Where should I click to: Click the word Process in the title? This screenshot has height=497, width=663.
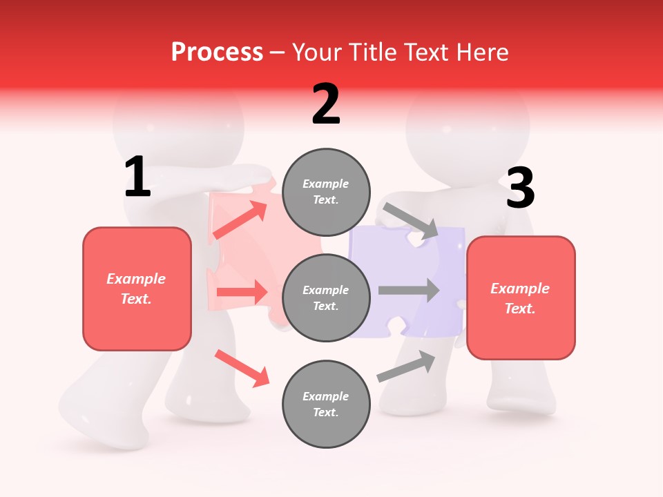[217, 52]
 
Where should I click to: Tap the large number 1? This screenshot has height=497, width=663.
[137, 177]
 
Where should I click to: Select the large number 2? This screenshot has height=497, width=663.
[326, 104]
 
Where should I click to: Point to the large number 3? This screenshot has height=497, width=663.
[520, 188]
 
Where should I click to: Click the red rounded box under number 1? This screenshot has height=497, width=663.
[137, 289]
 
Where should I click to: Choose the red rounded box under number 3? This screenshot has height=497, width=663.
[521, 298]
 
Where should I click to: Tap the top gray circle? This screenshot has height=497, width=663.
[326, 192]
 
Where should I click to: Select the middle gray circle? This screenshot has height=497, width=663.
[326, 298]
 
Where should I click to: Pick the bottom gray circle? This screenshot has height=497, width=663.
[326, 404]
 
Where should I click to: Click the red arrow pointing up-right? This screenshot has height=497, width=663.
[240, 220]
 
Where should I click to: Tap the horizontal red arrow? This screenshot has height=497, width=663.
[242, 292]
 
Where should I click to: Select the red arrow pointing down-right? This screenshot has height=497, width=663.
[242, 368]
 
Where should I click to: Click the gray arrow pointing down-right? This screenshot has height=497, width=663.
[411, 220]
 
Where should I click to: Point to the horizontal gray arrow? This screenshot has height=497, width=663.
[409, 290]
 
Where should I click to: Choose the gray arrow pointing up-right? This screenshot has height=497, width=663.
[407, 367]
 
